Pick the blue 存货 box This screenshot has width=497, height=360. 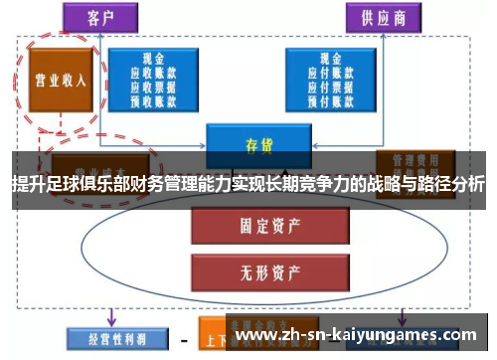(x=258, y=143)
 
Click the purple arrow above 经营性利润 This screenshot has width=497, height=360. (x=110, y=315)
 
